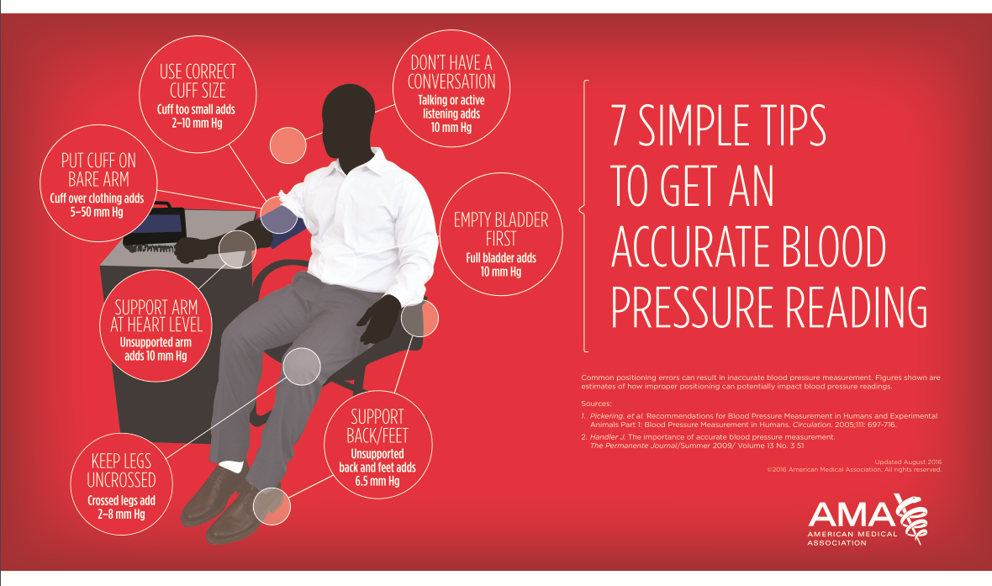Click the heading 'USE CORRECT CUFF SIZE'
click(198, 81)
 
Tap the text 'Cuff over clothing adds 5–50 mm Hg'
click(98, 206)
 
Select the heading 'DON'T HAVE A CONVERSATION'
click(451, 72)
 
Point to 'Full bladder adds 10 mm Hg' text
click(501, 265)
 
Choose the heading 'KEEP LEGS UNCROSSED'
click(121, 470)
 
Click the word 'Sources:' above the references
click(596, 404)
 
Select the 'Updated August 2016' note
click(907, 462)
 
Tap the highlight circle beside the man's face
click(288, 145)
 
